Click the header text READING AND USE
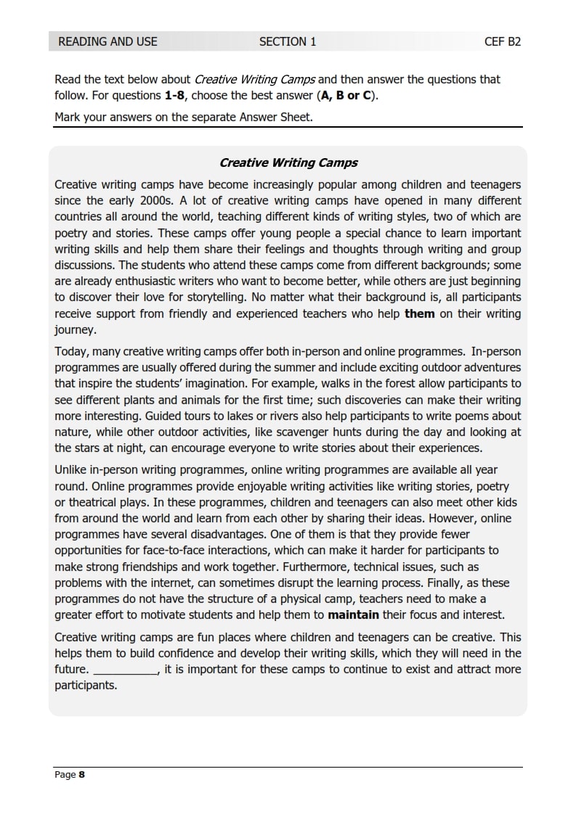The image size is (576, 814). (x=108, y=41)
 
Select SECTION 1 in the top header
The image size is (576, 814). (x=288, y=41)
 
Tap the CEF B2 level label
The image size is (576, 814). (x=503, y=41)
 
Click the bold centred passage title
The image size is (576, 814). (x=288, y=163)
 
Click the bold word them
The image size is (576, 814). (x=419, y=313)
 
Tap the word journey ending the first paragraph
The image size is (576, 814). (x=74, y=329)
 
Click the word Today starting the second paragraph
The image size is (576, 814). (x=70, y=352)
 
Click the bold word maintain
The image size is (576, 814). (x=354, y=614)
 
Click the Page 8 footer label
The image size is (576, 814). (x=70, y=775)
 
